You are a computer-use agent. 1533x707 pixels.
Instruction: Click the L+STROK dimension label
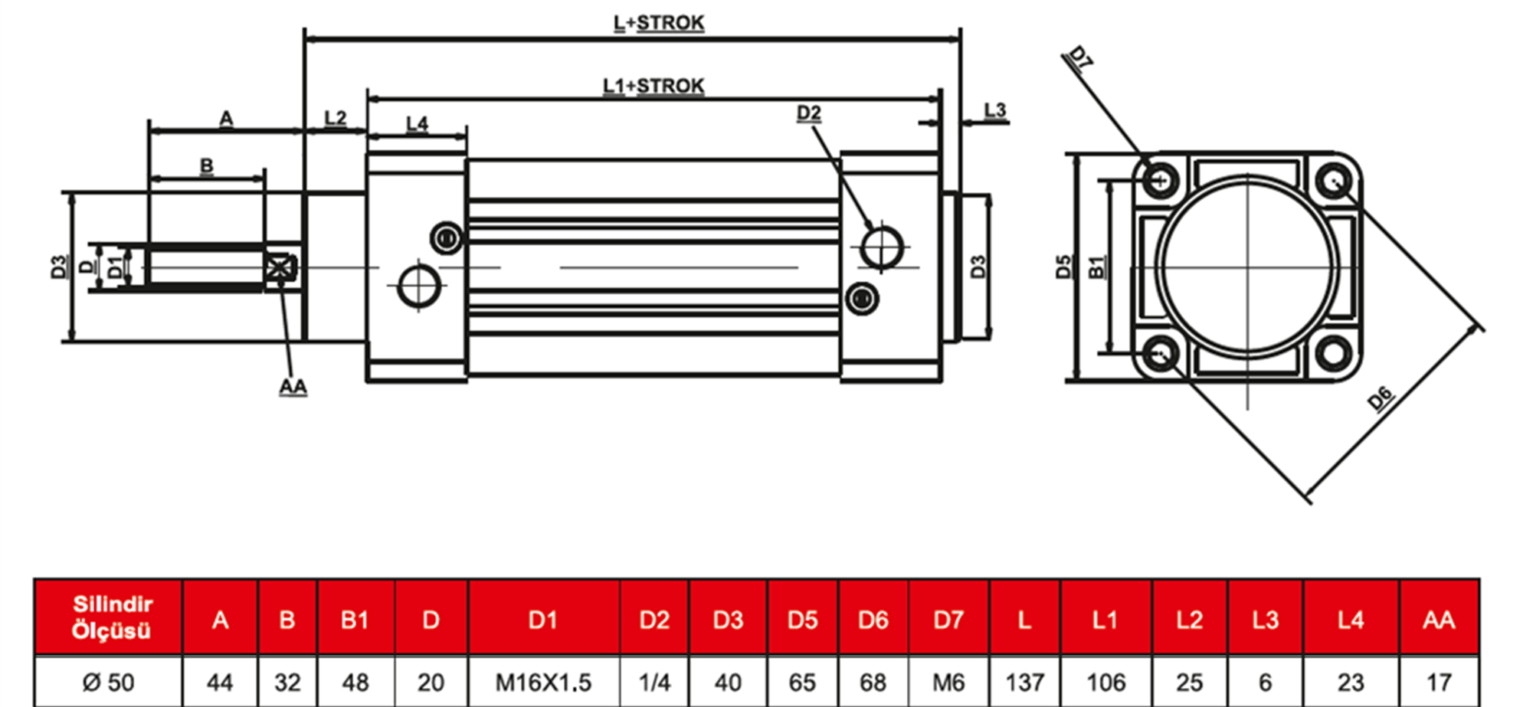pos(658,23)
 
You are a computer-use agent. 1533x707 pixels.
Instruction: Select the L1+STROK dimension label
pos(653,86)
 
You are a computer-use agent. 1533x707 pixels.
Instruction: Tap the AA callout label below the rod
pos(293,387)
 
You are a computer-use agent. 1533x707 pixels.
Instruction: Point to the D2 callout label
pos(809,113)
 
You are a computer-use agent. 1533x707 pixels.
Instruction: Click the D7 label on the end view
pos(1080,57)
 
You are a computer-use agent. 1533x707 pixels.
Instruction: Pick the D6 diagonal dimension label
pos(1380,399)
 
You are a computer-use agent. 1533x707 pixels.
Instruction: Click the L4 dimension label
pos(417,123)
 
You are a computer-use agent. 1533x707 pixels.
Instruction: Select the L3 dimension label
pos(994,110)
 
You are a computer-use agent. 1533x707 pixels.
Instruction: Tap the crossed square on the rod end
pos(280,268)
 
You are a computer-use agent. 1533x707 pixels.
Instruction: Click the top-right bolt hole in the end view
pos(1334,182)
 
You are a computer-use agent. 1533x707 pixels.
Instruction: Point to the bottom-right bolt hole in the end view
pos(1334,352)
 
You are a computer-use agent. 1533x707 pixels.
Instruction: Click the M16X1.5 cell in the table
pos(543,682)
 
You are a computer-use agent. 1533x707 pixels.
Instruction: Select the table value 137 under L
pos(1024,682)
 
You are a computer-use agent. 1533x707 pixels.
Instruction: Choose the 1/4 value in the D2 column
pos(654,682)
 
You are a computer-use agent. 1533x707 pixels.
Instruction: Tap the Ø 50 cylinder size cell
pos(108,682)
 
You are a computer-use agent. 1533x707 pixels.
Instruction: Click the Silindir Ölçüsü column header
pos(112,617)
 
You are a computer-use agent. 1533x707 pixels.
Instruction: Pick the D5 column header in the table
pos(802,620)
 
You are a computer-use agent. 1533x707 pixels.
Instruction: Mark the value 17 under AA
pos(1439,682)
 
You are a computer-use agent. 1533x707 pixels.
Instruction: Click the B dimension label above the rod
pos(207,165)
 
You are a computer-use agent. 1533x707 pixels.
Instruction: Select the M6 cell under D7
pos(948,682)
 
